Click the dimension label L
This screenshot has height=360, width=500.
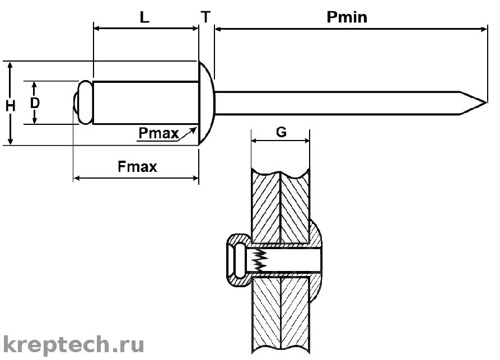click(x=144, y=17)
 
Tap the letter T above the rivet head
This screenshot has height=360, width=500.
click(x=206, y=17)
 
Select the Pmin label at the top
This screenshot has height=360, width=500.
click(x=347, y=17)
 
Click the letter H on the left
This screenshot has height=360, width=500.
click(x=11, y=106)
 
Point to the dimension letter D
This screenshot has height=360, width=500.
click(x=35, y=102)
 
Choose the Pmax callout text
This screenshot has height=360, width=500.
click(x=158, y=133)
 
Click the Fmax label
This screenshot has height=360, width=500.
click(x=137, y=166)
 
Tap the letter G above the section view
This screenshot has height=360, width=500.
click(x=281, y=132)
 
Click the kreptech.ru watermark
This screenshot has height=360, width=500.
click(x=73, y=345)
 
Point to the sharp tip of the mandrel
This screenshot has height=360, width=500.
click(x=487, y=102)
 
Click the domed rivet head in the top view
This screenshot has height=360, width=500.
click(x=207, y=102)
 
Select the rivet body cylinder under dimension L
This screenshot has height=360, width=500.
click(x=146, y=102)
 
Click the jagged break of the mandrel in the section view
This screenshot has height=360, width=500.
click(x=260, y=259)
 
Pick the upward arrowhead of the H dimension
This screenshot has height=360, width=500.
click(x=10, y=66)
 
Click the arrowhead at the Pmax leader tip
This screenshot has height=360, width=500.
click(x=193, y=130)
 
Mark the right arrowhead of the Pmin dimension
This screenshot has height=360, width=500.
click(x=483, y=29)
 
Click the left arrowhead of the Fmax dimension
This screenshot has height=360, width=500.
click(x=77, y=178)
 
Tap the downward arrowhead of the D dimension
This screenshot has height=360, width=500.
click(x=35, y=120)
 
